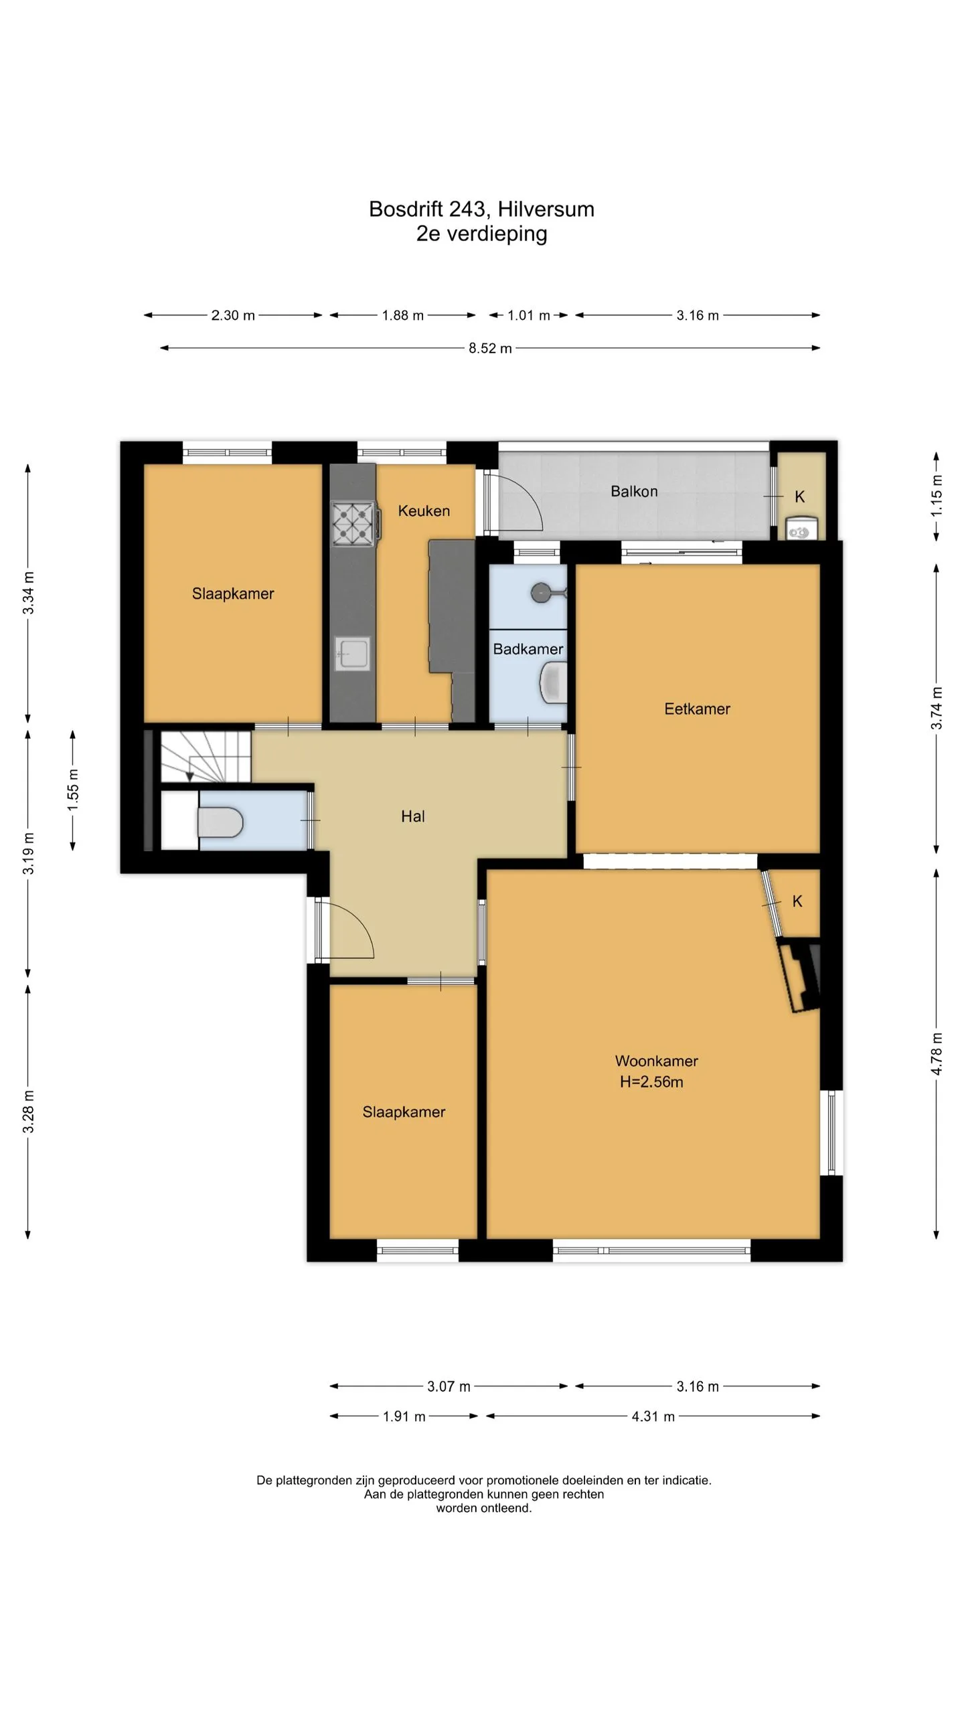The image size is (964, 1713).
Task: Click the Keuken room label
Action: [x=424, y=511]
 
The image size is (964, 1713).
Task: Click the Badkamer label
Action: [x=528, y=649]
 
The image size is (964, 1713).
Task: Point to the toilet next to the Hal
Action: [x=220, y=822]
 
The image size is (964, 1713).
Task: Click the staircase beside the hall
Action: [x=206, y=756]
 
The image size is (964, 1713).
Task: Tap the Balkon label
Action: [x=634, y=492]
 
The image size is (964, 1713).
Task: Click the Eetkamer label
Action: [x=697, y=709]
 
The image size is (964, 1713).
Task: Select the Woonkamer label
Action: [x=656, y=1061]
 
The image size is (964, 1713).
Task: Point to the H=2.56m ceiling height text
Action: [x=651, y=1082]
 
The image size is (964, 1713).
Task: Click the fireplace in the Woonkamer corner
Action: [x=799, y=974]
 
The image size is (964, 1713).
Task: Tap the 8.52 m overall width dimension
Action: [x=490, y=349]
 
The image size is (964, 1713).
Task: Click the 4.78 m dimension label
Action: [x=937, y=1054]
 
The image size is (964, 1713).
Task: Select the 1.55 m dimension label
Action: [x=73, y=790]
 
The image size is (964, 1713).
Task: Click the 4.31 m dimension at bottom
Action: [x=653, y=1416]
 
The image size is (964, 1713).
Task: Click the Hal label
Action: [x=413, y=816]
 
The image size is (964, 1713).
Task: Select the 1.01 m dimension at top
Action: [x=528, y=316]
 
